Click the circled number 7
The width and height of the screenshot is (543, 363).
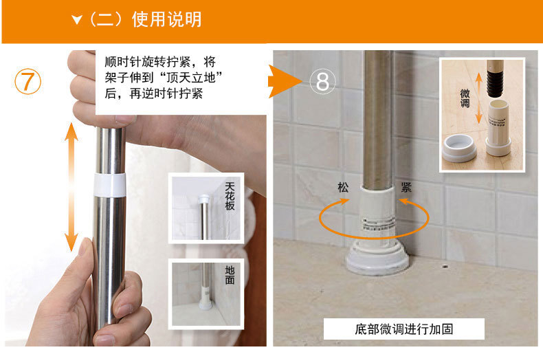27,81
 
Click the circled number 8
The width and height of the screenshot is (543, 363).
322,81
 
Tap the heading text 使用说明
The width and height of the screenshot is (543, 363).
167,19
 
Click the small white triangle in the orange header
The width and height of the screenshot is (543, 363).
77,20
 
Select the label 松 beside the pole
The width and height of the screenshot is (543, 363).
343,188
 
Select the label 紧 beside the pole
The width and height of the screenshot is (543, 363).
406,188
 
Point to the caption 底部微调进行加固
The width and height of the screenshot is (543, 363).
403,329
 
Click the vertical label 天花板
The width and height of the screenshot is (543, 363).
230,197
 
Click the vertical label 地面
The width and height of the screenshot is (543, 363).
230,275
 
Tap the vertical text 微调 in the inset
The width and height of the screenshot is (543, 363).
465,98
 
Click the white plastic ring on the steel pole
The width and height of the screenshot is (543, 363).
110,186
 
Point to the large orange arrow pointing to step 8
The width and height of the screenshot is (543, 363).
285,81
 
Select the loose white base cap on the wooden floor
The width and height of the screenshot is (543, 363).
460,148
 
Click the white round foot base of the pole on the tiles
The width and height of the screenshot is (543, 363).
377,257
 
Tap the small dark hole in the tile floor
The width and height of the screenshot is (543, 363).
445,267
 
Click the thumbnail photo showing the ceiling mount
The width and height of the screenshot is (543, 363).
206,208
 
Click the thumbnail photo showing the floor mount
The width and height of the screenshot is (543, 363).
206,294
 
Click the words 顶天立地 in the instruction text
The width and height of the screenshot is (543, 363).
190,78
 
